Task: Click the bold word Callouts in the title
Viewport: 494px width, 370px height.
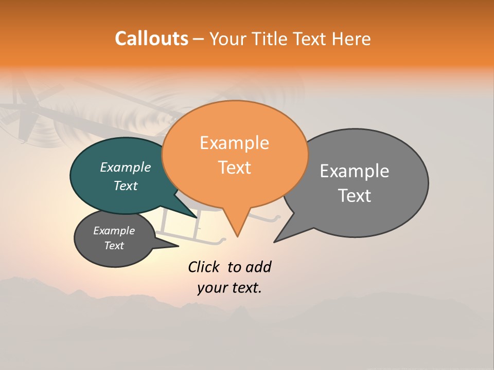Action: click(x=151, y=39)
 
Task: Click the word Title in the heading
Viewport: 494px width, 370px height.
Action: click(x=271, y=39)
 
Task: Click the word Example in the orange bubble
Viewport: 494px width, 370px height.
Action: click(x=235, y=143)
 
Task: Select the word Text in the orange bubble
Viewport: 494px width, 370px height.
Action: click(x=235, y=168)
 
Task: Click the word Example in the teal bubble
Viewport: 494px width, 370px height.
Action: click(x=126, y=168)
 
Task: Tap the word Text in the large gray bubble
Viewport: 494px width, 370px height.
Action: click(x=355, y=196)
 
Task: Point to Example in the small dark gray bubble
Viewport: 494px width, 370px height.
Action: click(x=114, y=231)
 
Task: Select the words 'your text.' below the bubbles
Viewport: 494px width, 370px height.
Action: click(x=230, y=288)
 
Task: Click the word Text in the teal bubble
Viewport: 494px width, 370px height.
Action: click(x=126, y=186)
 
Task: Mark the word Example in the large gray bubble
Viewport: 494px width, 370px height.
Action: click(x=355, y=171)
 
